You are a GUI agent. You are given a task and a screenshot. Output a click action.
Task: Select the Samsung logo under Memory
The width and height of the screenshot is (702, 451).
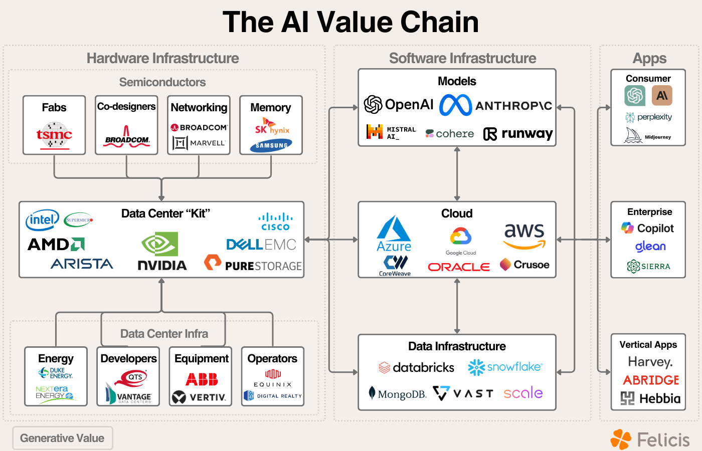[x=271, y=145]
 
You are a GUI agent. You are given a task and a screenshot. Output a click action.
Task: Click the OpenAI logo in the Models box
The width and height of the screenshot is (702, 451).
[x=399, y=105]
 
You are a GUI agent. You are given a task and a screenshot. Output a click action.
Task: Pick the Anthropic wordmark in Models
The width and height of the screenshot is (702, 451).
[x=513, y=106]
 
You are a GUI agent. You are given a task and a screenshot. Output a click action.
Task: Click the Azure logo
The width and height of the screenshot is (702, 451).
[x=394, y=234]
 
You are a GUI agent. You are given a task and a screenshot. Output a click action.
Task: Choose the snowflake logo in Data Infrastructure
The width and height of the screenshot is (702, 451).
[x=505, y=367]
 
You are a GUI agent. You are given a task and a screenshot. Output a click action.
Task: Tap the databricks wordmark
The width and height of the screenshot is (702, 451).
[x=417, y=368]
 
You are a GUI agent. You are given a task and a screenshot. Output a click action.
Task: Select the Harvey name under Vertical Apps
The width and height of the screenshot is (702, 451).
[x=650, y=362]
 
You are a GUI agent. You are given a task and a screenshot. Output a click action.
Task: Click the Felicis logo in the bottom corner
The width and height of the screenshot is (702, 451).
[x=650, y=439]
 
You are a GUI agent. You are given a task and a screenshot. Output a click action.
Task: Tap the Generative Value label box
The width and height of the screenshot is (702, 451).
[x=63, y=438]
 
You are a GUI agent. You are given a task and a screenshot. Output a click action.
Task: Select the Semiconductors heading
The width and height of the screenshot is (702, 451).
[x=162, y=82]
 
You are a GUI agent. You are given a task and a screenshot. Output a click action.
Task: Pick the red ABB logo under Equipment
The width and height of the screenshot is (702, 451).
[x=202, y=379]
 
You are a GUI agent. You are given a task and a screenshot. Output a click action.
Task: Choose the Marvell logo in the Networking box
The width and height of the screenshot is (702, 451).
[x=199, y=143]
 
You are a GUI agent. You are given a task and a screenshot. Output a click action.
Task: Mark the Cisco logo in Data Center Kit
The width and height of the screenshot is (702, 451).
[x=275, y=222]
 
